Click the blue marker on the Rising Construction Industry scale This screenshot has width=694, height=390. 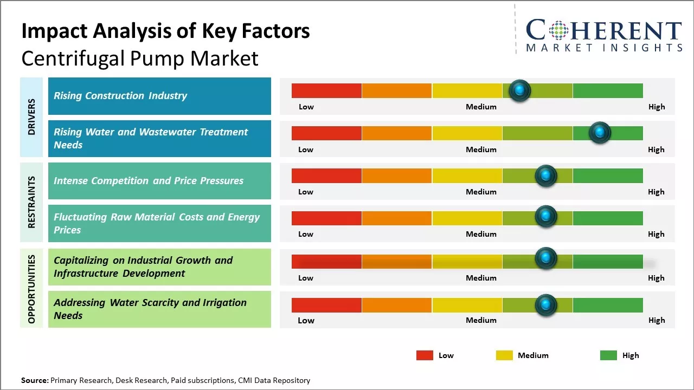point(520,90)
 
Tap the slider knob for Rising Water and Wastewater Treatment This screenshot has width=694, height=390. point(600,133)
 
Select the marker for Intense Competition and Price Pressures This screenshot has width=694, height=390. point(546,175)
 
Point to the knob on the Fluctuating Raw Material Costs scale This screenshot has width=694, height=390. point(546,217)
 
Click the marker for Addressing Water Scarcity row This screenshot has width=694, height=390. point(546,305)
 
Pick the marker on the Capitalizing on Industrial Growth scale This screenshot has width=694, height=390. point(546,258)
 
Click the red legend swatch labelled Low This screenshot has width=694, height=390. point(425,355)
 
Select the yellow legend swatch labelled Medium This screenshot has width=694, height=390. point(504,355)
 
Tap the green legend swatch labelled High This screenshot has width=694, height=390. point(608,355)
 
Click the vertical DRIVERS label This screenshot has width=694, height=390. point(31,117)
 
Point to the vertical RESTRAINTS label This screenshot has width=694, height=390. point(31,202)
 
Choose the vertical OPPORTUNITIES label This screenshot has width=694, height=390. point(31,289)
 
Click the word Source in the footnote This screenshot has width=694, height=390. point(35,380)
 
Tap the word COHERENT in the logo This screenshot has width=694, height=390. point(604,30)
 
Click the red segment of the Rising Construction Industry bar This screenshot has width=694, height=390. point(326,90)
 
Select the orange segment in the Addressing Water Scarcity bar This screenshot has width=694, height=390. point(397,305)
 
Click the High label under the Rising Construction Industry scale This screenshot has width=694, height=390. point(657,107)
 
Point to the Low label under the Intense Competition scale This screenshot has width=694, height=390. point(306,192)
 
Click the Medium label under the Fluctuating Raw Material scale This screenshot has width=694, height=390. point(481,234)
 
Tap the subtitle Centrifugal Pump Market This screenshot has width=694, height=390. point(140,58)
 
